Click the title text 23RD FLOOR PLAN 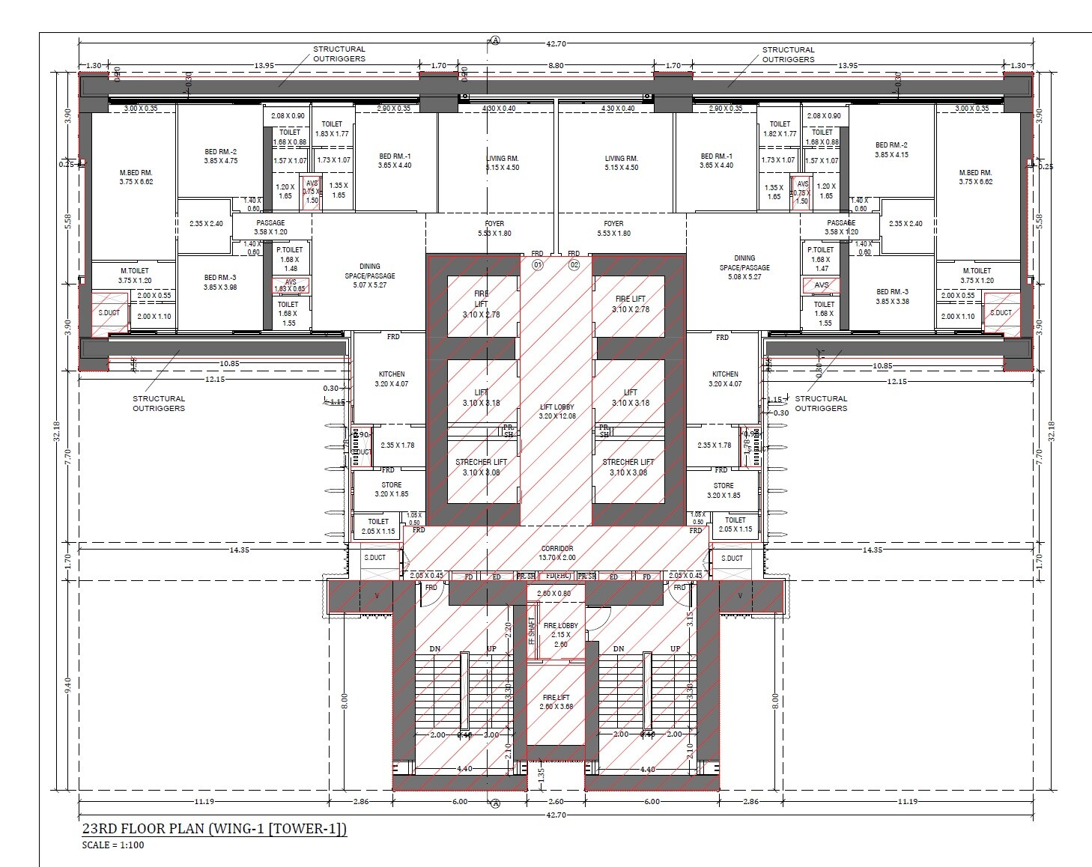pos(213,829)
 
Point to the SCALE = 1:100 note pos(115,845)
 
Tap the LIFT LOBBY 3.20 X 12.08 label pos(556,411)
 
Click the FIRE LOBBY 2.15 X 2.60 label pos(560,634)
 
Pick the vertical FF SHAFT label pos(532,631)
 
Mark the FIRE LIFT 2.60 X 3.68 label pos(556,702)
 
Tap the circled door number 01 pos(537,264)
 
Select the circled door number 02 pos(574,264)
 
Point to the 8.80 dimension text pos(555,66)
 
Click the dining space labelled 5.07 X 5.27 pos(369,276)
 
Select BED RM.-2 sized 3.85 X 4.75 pos(221,156)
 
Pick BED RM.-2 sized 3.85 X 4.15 pos(891,150)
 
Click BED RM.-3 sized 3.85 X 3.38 pos(891,296)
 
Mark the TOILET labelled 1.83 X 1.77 pos(332,129)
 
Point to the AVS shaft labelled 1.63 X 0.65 pos(290,285)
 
